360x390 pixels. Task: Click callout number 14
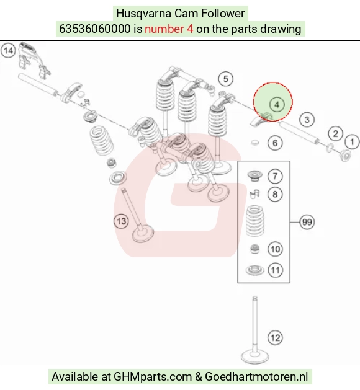tap(8, 50)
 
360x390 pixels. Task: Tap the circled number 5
tap(225, 79)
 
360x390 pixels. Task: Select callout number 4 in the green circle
tap(277, 104)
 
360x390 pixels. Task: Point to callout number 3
tap(307, 120)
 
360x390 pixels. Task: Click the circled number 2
tap(335, 133)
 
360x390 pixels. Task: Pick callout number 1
tap(352, 142)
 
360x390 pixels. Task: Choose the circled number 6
tap(275, 143)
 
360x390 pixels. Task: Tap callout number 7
tap(275, 176)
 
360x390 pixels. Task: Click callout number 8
tap(275, 194)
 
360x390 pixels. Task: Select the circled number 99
tap(307, 222)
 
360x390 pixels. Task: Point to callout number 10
tap(275, 249)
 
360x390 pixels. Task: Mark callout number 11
tap(276, 270)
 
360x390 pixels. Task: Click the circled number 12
tap(275, 338)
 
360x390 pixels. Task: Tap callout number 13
tap(121, 221)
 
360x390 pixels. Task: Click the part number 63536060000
tap(94, 29)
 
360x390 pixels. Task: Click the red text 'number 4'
tap(169, 29)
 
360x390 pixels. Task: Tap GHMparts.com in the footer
tap(153, 376)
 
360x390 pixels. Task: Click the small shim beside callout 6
tap(254, 143)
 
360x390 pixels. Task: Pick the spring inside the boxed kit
tap(254, 221)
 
